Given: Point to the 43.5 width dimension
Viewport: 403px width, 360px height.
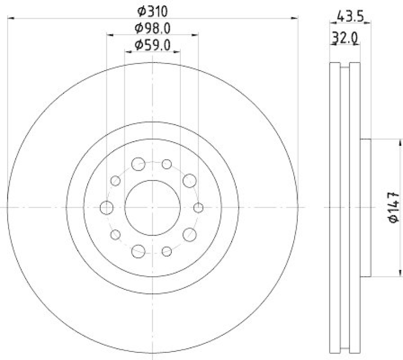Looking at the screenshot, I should pyautogui.click(x=350, y=16).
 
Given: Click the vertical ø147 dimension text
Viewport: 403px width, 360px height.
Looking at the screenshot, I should pyautogui.click(x=394, y=207).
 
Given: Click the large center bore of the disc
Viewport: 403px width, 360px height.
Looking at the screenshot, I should pyautogui.click(x=153, y=207).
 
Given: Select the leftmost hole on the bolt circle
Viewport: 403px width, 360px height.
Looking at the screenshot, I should pyautogui.click(x=107, y=207).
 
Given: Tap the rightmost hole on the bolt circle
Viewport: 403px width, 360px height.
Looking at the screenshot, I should pyautogui.click(x=198, y=207).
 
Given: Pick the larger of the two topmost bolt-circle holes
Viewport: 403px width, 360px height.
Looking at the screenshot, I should pyautogui.click(x=138, y=164).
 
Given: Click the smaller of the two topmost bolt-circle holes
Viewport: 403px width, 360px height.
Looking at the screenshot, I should pyautogui.click(x=167, y=164).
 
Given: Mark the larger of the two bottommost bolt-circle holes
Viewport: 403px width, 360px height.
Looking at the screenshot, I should pyautogui.click(x=138, y=250).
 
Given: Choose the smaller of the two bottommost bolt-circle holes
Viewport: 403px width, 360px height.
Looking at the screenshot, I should pyautogui.click(x=167, y=251).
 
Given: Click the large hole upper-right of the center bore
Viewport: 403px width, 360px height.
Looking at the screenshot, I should pyautogui.click(x=189, y=180).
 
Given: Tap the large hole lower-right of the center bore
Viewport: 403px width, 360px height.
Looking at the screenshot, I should pyautogui.click(x=189, y=234).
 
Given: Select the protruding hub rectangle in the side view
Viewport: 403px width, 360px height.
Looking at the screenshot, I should pyautogui.click(x=365, y=207).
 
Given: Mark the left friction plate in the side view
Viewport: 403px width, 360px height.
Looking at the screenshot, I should pyautogui.click(x=335, y=207).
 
